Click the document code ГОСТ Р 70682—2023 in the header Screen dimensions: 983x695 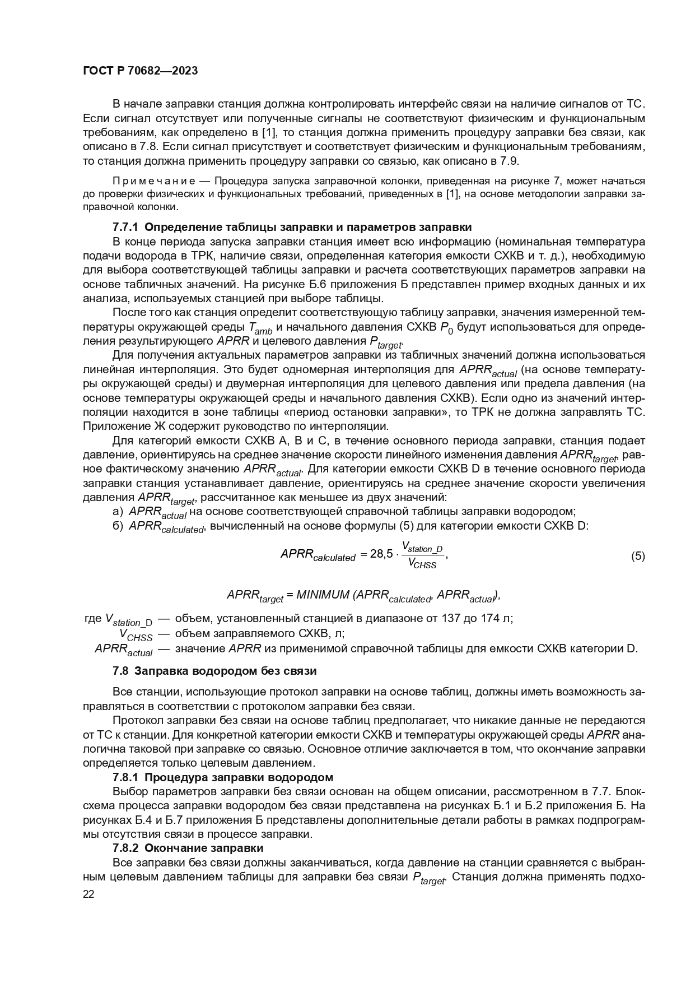click(x=140, y=71)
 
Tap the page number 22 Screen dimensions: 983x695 click(x=88, y=894)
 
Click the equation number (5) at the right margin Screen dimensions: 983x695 click(x=638, y=557)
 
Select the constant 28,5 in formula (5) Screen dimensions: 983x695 click(x=381, y=554)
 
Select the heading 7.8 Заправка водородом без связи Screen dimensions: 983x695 click(x=214, y=671)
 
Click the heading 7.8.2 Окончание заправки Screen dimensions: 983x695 click(x=188, y=848)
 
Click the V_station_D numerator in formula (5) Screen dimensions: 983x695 click(x=422, y=548)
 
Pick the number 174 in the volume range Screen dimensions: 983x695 click(x=476, y=618)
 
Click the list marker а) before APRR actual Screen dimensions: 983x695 click(x=118, y=511)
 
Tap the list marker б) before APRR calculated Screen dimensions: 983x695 click(x=118, y=526)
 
